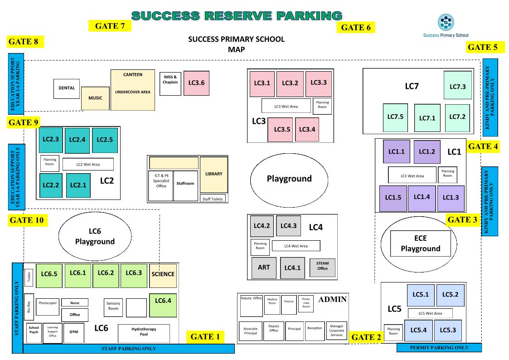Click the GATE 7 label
(110, 26)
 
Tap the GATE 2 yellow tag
(366, 337)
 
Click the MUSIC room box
(95, 98)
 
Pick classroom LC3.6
(196, 83)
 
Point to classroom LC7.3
(457, 87)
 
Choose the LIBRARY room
(213, 174)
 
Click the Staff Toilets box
(213, 199)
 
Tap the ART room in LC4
(263, 268)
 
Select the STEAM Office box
(322, 266)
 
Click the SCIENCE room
(163, 274)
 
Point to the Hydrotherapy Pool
(144, 332)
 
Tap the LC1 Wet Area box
(412, 175)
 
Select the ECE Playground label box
(421, 244)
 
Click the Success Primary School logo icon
(445, 21)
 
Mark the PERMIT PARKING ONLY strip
(439, 348)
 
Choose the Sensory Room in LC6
(113, 306)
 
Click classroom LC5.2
(450, 294)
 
